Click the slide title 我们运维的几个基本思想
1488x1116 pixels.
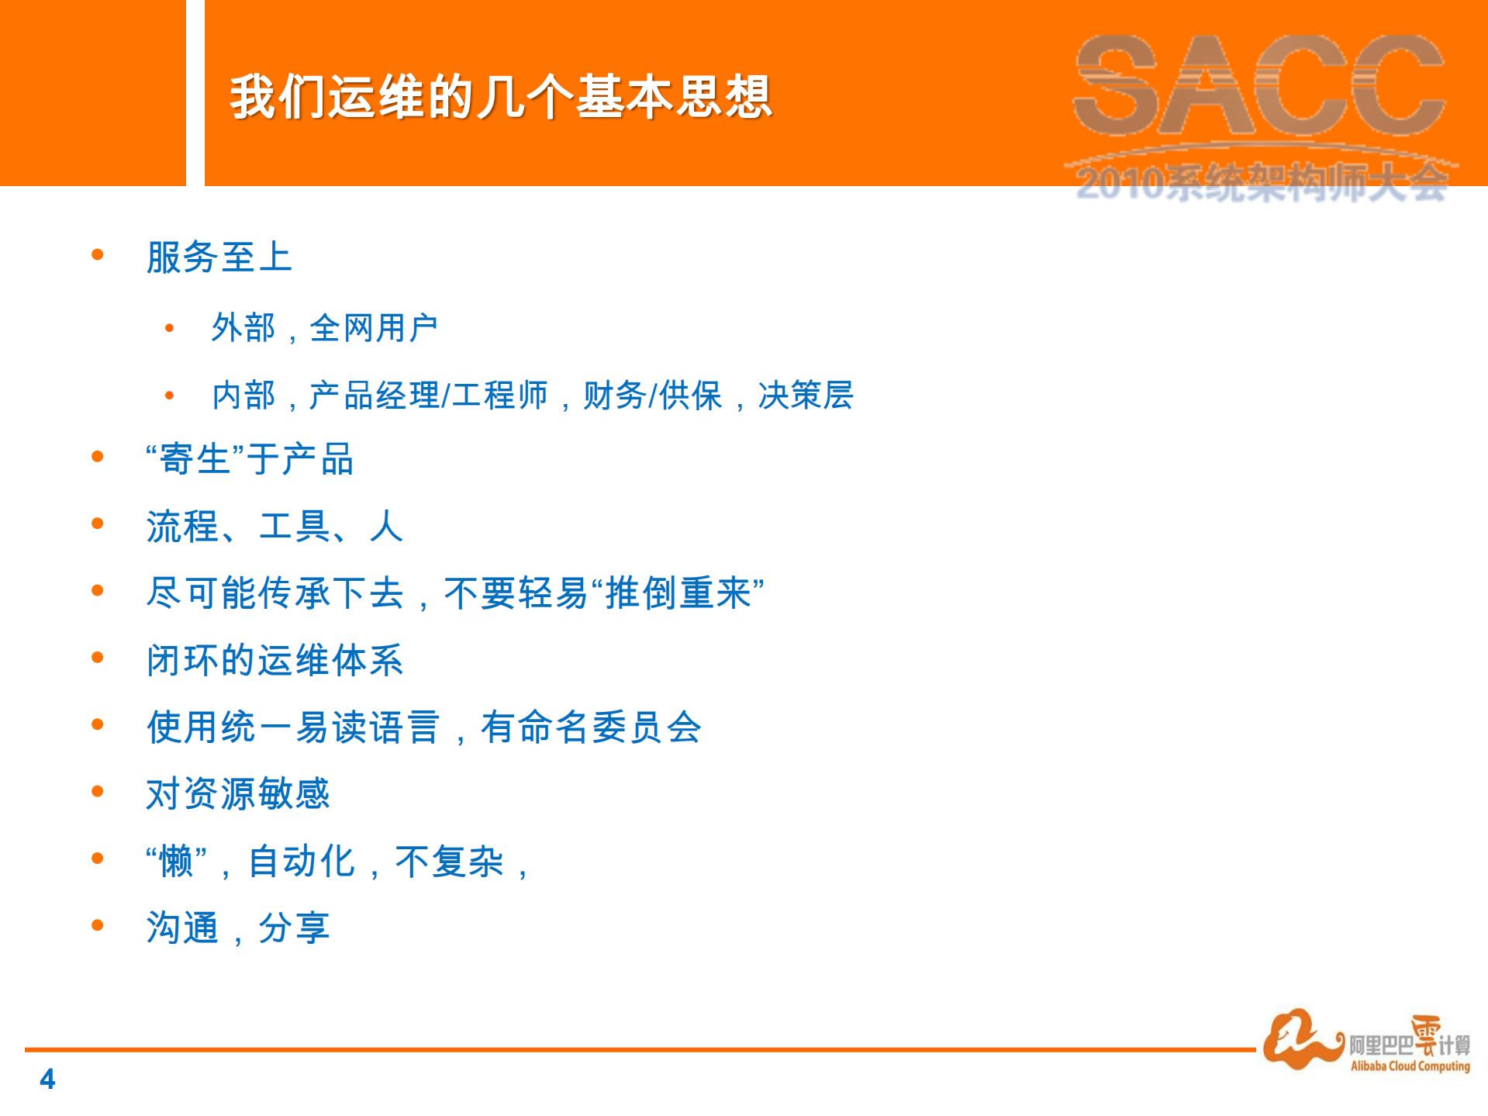(500, 97)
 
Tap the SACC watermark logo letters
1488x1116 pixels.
(1259, 85)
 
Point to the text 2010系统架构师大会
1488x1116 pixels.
(1261, 185)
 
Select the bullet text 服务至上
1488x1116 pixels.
(219, 257)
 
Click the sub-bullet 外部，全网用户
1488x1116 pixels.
(324, 328)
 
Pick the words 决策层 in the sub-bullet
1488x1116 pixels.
(806, 396)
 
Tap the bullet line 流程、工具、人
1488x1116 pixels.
(274, 527)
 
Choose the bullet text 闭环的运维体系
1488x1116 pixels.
(274, 661)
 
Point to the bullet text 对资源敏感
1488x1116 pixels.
(237, 794)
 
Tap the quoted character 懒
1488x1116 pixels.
(176, 862)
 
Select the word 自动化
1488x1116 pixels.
(301, 862)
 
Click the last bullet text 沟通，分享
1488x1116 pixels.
(237, 928)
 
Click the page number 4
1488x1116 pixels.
(47, 1079)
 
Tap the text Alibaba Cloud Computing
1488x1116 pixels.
(1410, 1066)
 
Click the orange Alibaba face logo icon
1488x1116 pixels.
(1300, 1039)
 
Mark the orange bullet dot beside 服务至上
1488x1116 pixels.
(98, 255)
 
